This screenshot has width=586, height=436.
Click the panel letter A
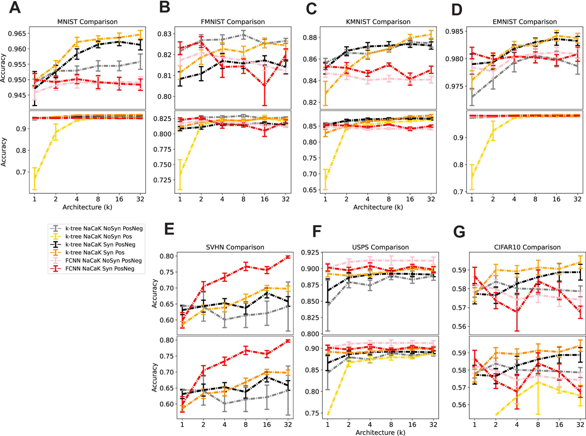(x=15, y=7)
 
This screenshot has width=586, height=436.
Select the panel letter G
(x=459, y=232)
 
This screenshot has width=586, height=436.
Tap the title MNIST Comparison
(x=87, y=22)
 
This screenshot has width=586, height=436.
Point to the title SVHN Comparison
(x=235, y=247)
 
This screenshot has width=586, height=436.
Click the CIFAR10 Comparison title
(x=527, y=247)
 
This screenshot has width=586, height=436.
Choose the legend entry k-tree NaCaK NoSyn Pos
(x=98, y=237)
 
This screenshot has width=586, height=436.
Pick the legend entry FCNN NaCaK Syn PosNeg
(x=100, y=269)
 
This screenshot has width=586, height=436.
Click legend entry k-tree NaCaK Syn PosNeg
(x=100, y=244)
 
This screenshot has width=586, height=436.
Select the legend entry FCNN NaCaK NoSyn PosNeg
(x=104, y=261)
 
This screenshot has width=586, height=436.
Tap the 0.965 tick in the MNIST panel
(x=17, y=34)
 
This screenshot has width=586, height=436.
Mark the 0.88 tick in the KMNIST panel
(x=310, y=37)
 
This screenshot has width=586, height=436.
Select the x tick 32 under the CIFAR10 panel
(x=580, y=425)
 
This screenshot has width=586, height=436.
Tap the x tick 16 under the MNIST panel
(x=119, y=199)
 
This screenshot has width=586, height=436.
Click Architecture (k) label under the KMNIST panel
(x=378, y=207)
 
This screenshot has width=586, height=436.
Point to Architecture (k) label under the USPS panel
(x=380, y=432)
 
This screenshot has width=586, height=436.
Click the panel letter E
(x=169, y=229)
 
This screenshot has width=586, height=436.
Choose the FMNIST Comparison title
(x=233, y=22)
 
